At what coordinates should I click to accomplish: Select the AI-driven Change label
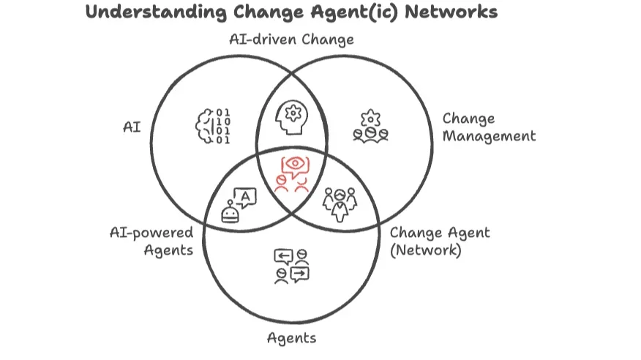coord(292,40)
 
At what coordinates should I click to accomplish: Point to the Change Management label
coord(489,127)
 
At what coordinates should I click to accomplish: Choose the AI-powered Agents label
coord(151,241)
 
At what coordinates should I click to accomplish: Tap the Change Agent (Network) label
coord(440,241)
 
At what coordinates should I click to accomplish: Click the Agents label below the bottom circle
coord(291,337)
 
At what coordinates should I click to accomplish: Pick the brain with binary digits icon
coord(213,126)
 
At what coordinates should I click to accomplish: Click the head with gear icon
coord(292,118)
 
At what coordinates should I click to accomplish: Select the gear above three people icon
coord(370,125)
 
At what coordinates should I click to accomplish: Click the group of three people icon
coord(339,203)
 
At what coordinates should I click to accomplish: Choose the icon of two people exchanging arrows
coord(291,265)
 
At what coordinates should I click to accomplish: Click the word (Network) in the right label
coord(427,250)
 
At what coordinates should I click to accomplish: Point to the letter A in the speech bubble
coord(245,196)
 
